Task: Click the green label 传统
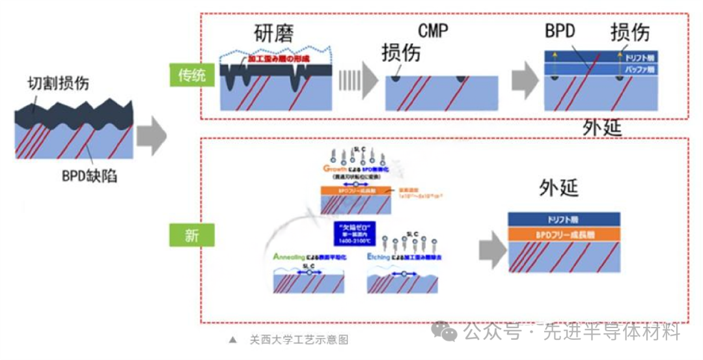(x=191, y=75)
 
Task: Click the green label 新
(x=191, y=235)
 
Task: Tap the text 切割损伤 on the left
(x=58, y=83)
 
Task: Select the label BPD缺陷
(x=90, y=176)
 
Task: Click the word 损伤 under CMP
(x=401, y=53)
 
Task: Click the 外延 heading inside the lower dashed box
(x=558, y=188)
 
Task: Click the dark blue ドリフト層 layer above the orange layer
(x=564, y=219)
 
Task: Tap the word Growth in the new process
(x=336, y=169)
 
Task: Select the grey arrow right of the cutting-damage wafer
(x=152, y=136)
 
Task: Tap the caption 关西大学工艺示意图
(x=299, y=340)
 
